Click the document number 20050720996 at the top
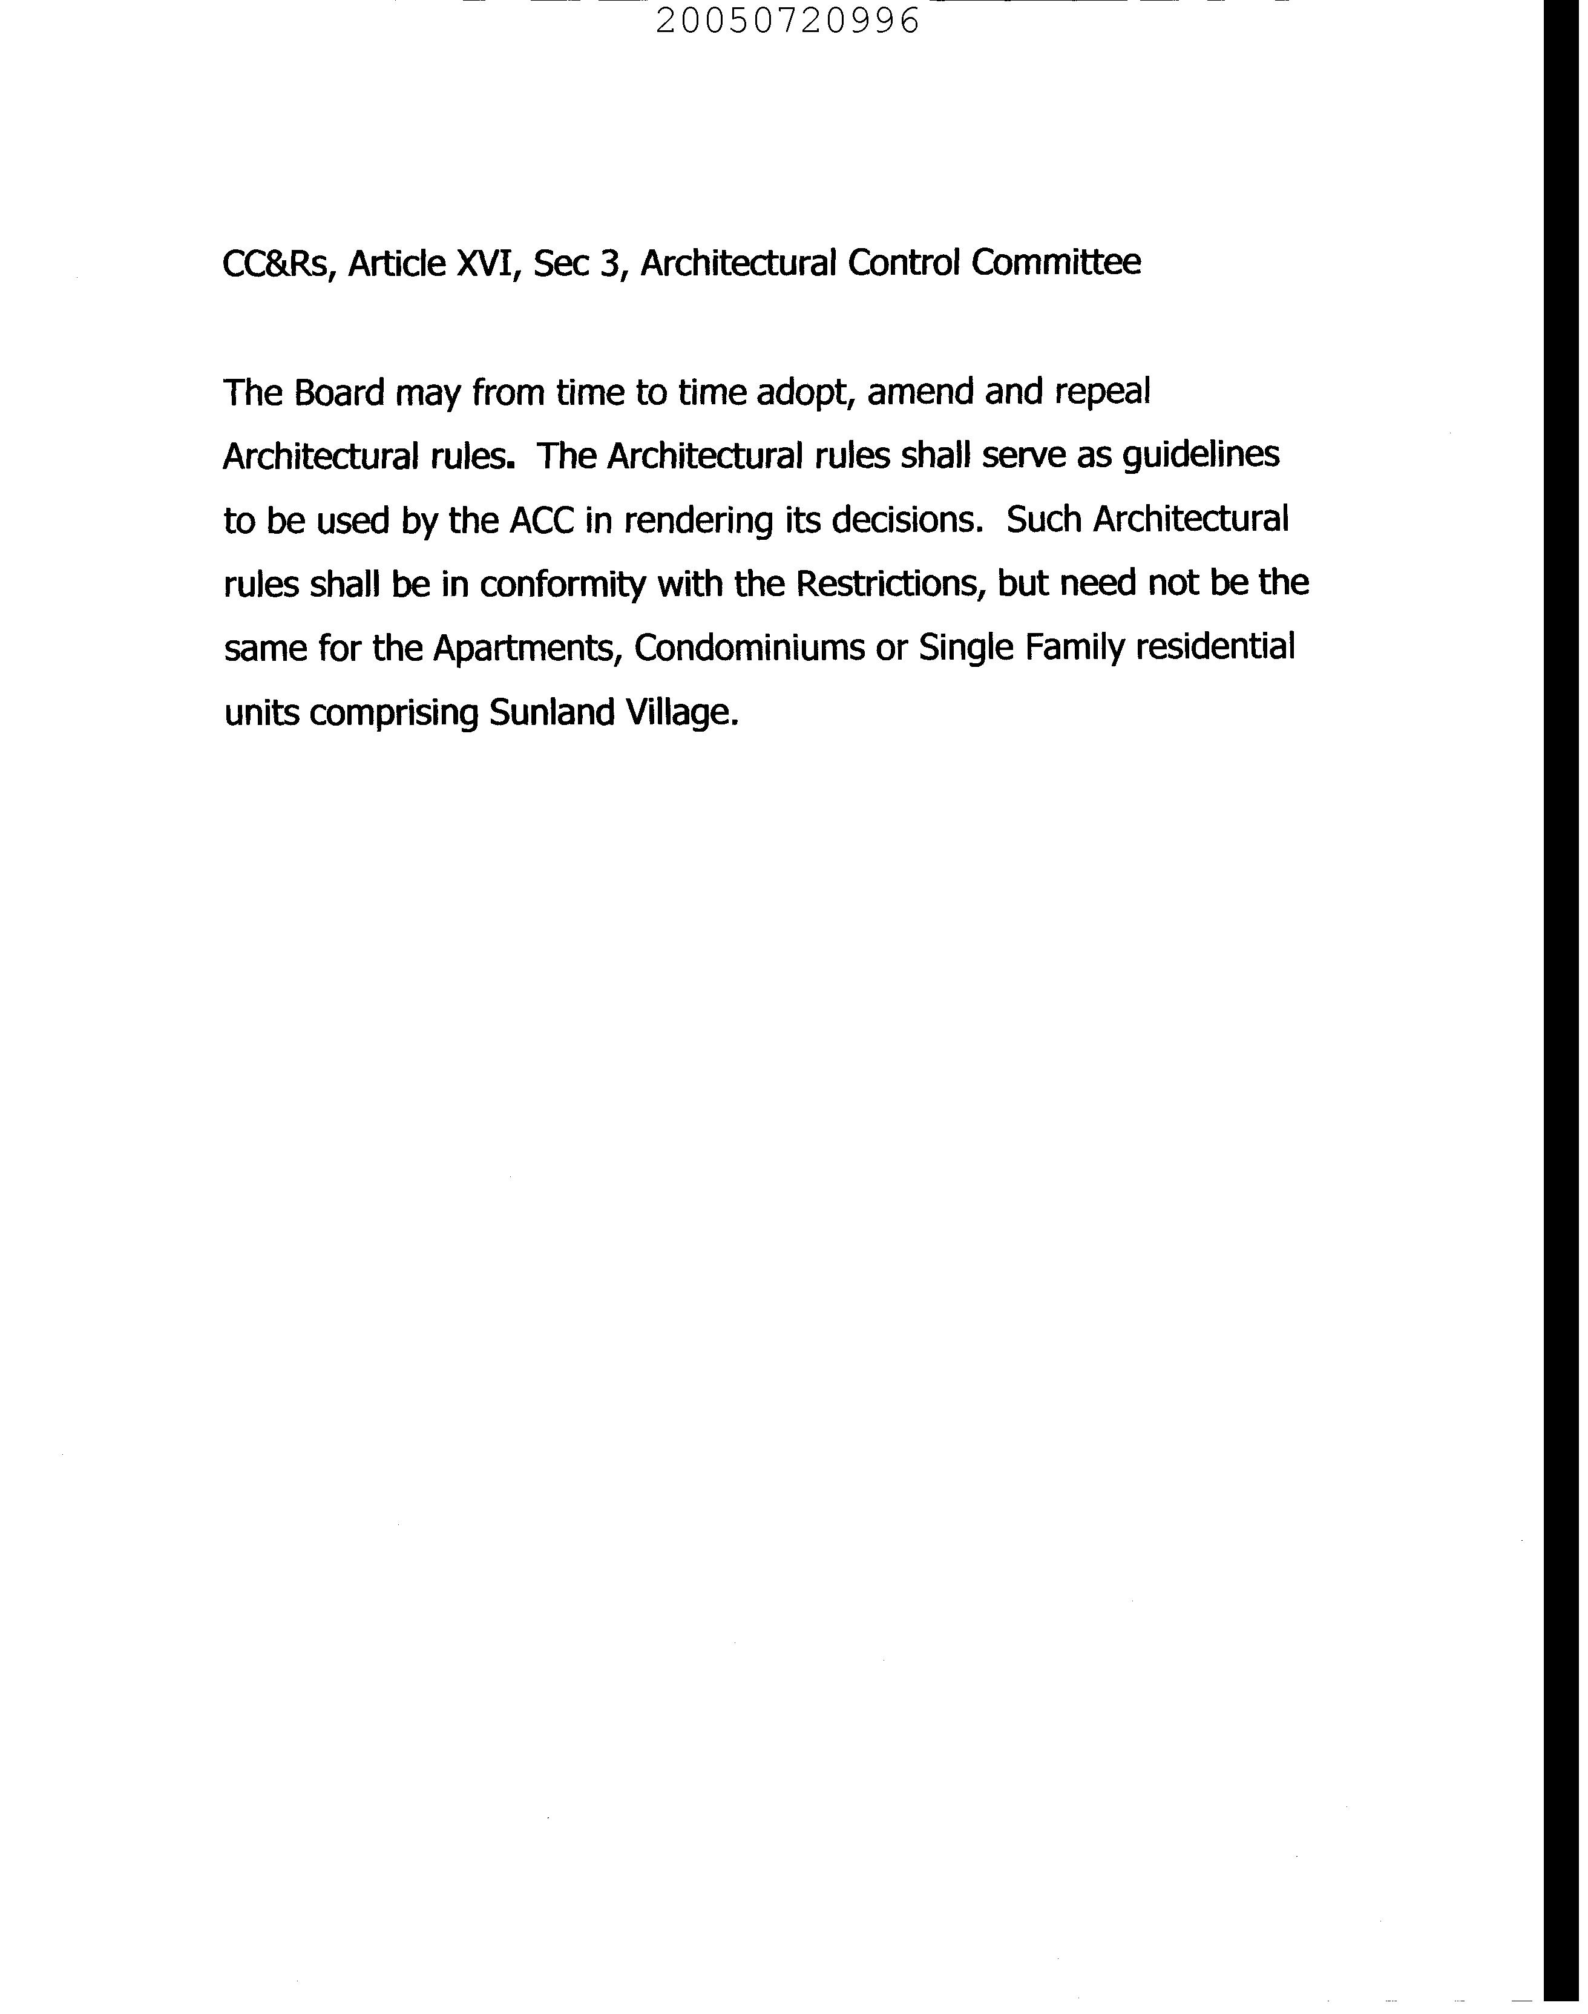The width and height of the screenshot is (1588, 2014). [x=787, y=21]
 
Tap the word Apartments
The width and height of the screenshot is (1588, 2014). [x=527, y=648]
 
